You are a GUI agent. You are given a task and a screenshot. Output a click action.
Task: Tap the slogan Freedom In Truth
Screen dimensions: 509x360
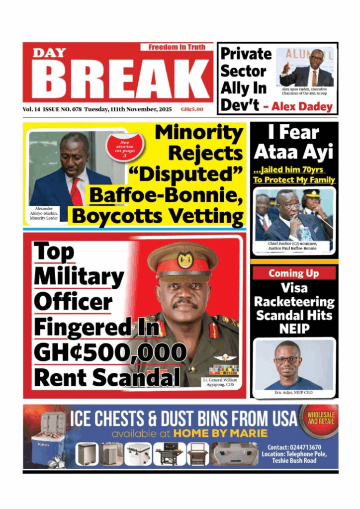click(x=177, y=47)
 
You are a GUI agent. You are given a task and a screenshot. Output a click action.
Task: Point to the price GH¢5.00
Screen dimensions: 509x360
click(x=191, y=109)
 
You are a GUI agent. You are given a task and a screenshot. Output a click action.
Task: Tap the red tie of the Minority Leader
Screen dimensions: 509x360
click(x=76, y=191)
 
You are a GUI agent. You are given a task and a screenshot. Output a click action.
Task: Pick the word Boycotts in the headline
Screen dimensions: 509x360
click(x=111, y=217)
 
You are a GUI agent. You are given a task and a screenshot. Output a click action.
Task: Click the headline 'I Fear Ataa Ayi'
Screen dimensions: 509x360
click(x=294, y=142)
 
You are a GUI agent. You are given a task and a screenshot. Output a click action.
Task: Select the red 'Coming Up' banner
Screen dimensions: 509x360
click(x=294, y=273)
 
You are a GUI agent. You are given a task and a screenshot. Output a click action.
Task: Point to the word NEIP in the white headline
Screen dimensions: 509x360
click(x=294, y=329)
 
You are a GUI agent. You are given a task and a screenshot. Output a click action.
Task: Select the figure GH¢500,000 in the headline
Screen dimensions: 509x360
click(x=110, y=352)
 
